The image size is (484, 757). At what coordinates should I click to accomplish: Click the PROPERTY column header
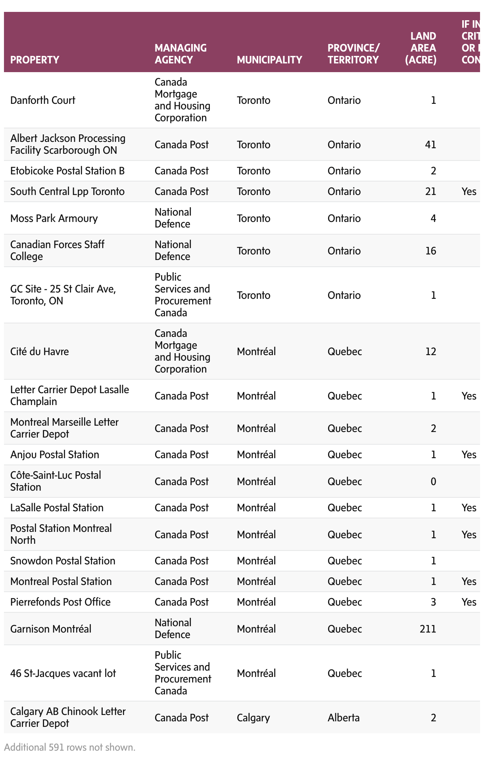(35, 60)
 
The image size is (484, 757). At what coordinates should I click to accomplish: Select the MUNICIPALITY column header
(269, 60)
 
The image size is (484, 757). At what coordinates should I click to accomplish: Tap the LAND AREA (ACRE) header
(423, 48)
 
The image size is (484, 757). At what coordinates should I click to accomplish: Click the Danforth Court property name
(43, 100)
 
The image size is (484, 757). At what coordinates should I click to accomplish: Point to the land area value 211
(428, 629)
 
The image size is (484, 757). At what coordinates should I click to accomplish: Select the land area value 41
(430, 145)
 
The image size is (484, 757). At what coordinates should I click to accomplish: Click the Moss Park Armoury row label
(54, 218)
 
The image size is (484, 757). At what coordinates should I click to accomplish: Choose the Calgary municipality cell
(253, 718)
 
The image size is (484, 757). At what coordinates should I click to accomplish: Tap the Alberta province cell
(344, 718)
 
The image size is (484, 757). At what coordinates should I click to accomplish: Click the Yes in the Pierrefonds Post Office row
(469, 602)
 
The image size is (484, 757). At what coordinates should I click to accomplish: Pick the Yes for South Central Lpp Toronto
(469, 191)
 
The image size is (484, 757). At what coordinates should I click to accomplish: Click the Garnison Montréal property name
(51, 629)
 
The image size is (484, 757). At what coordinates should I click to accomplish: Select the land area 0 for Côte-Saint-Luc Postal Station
(433, 482)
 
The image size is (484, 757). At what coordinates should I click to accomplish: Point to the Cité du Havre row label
(40, 352)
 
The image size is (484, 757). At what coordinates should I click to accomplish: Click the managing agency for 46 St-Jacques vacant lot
(183, 673)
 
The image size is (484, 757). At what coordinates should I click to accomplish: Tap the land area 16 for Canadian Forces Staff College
(430, 251)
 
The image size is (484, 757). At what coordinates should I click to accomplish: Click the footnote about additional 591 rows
(70, 747)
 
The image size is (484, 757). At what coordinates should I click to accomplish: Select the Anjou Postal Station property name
(55, 455)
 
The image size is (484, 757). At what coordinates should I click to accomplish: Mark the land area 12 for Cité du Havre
(430, 352)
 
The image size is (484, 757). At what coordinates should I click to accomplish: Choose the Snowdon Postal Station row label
(63, 561)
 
